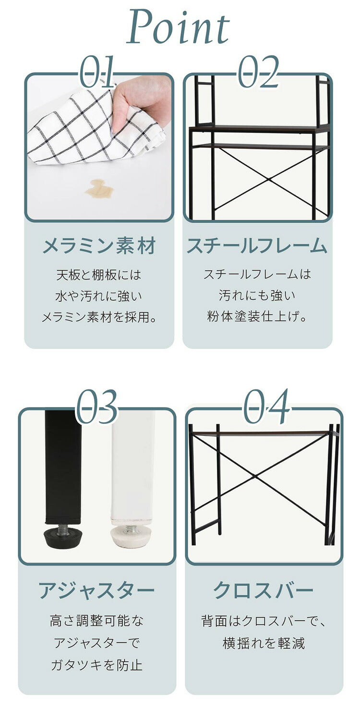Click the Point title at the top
tap(179, 28)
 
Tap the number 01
tap(97, 72)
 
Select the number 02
tap(259, 72)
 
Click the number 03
tap(97, 407)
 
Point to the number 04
tap(266, 407)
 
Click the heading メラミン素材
tap(99, 246)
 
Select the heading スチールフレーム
tap(257, 246)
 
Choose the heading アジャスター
tap(97, 590)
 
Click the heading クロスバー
tap(264, 590)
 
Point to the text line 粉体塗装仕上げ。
tap(257, 317)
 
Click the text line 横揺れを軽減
tap(264, 643)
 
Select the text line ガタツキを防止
tap(97, 665)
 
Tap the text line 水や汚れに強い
tap(99, 296)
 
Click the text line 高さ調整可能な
tap(97, 621)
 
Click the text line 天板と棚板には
tap(99, 275)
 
